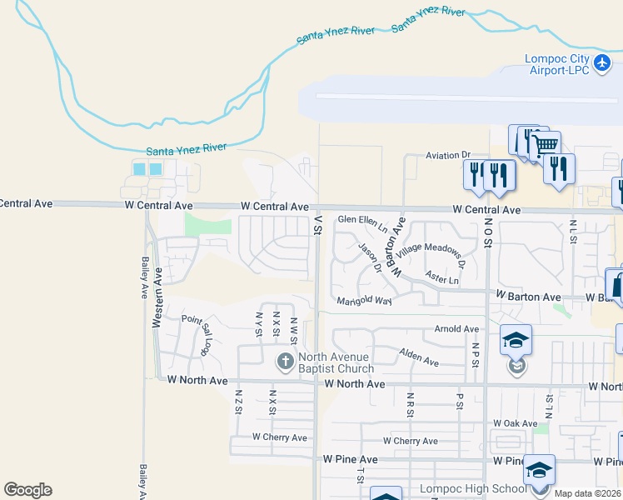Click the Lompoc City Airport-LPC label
coord(557,64)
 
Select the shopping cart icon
coord(546,145)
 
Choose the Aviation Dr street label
coord(448,155)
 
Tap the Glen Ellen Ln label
coord(362,222)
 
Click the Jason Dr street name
coord(370,257)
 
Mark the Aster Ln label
coord(441,278)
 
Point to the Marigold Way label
coord(364,300)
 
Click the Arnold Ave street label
coord(457,329)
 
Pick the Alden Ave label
coord(419,357)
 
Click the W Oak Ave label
coord(515,423)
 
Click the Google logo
coord(27,490)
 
